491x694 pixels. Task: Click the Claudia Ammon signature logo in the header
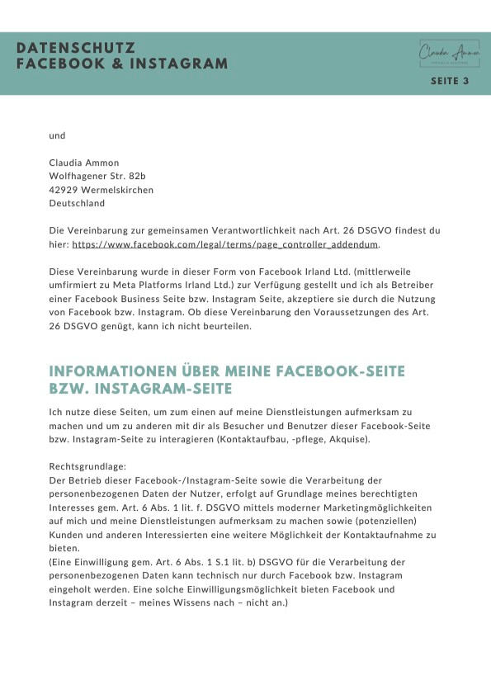tap(449, 54)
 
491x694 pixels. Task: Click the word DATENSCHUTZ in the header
tap(75, 49)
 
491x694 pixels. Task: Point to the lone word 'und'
tap(57, 135)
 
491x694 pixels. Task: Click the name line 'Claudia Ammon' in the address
tap(84, 163)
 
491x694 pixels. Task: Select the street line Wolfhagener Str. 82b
tap(97, 176)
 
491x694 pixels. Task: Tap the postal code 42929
tap(64, 189)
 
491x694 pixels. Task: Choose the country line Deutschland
tap(78, 202)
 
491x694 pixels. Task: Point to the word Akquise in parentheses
tap(348, 439)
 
